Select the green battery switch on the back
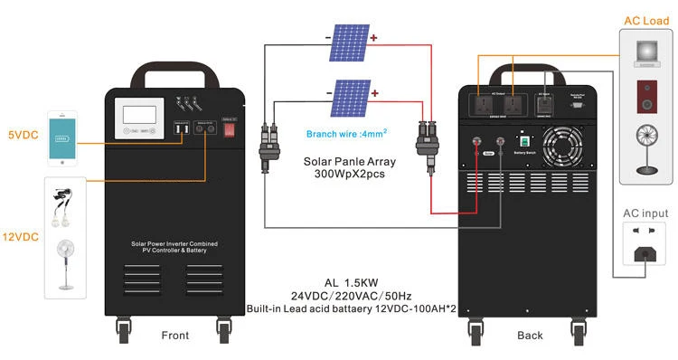(523, 141)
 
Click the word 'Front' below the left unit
(175, 336)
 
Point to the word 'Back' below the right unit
(531, 336)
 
